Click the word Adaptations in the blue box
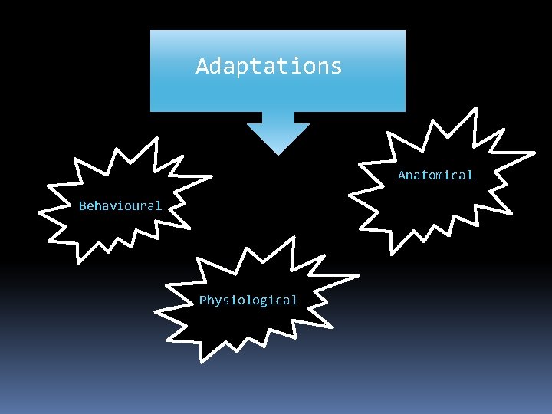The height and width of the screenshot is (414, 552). [269, 67]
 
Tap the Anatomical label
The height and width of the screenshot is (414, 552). [435, 176]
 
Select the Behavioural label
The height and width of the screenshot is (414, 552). [120, 205]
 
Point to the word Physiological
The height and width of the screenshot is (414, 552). [248, 300]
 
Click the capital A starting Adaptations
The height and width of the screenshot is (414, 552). [202, 66]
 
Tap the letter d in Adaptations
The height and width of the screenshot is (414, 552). [216, 66]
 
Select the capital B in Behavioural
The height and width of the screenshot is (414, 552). [83, 205]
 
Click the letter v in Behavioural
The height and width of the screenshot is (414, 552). [113, 206]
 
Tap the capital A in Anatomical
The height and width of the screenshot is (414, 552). [402, 176]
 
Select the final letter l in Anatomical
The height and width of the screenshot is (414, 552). [469, 176]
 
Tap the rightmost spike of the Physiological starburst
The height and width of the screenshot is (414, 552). [356, 276]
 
